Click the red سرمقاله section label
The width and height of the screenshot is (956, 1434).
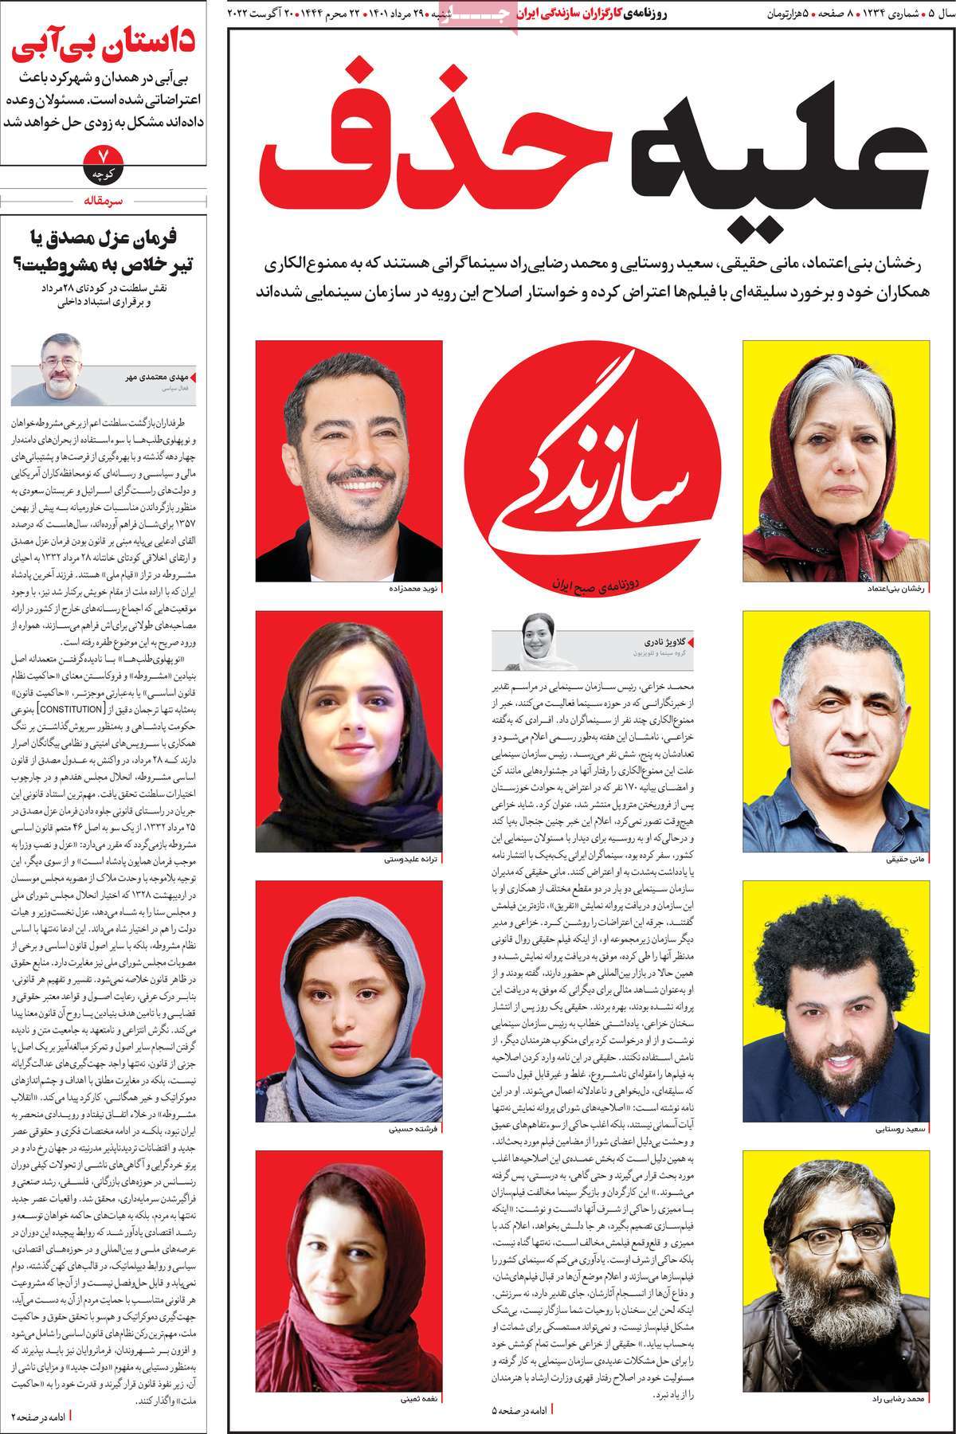(x=104, y=201)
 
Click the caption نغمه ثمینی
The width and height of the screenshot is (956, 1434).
(x=419, y=1399)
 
